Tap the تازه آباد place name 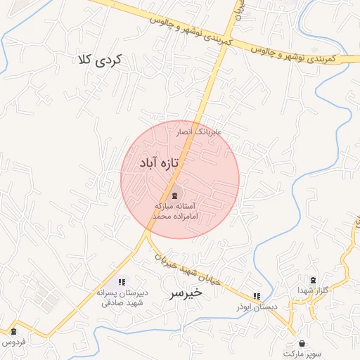click(x=160, y=163)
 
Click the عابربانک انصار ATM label click(x=198, y=132)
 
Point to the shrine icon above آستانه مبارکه click(x=174, y=195)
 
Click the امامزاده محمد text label click(x=179, y=217)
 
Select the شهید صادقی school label click(x=122, y=303)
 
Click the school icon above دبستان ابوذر click(x=257, y=296)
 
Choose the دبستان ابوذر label click(x=257, y=307)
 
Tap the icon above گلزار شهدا click(x=313, y=280)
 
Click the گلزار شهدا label click(x=313, y=290)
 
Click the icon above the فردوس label click(x=13, y=331)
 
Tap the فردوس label click(x=13, y=342)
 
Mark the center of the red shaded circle click(x=180, y=179)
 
